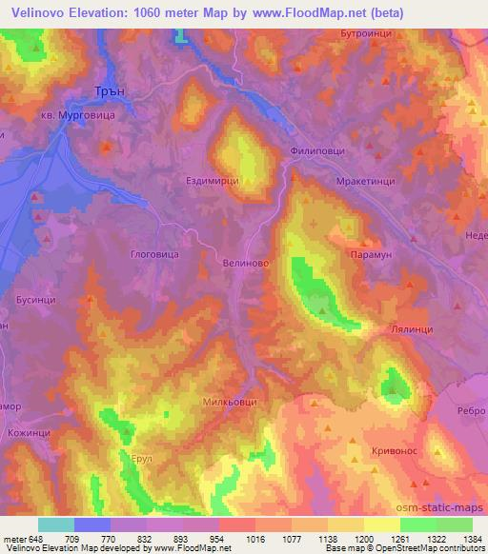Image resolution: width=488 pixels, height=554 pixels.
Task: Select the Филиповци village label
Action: click(317, 151)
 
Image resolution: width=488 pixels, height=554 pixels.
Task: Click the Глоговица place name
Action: click(153, 254)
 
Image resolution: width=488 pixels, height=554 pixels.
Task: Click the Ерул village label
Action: click(141, 459)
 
